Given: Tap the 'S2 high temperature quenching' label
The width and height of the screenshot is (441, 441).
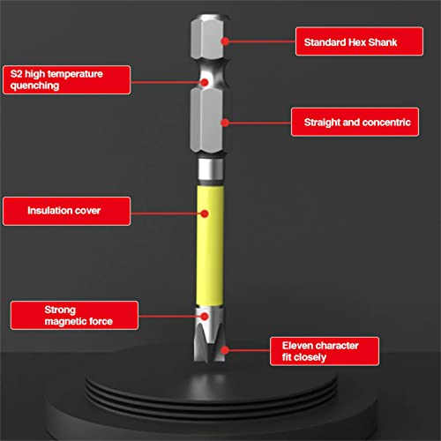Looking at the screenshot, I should click(67, 80).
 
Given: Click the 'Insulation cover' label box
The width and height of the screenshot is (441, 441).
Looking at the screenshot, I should click(66, 212).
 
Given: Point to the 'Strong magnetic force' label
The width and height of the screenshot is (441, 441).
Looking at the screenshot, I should click(75, 315).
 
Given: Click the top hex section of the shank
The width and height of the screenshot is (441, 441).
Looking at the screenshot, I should click(206, 41).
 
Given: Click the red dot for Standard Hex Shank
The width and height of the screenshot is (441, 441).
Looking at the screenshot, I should click(226, 41).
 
